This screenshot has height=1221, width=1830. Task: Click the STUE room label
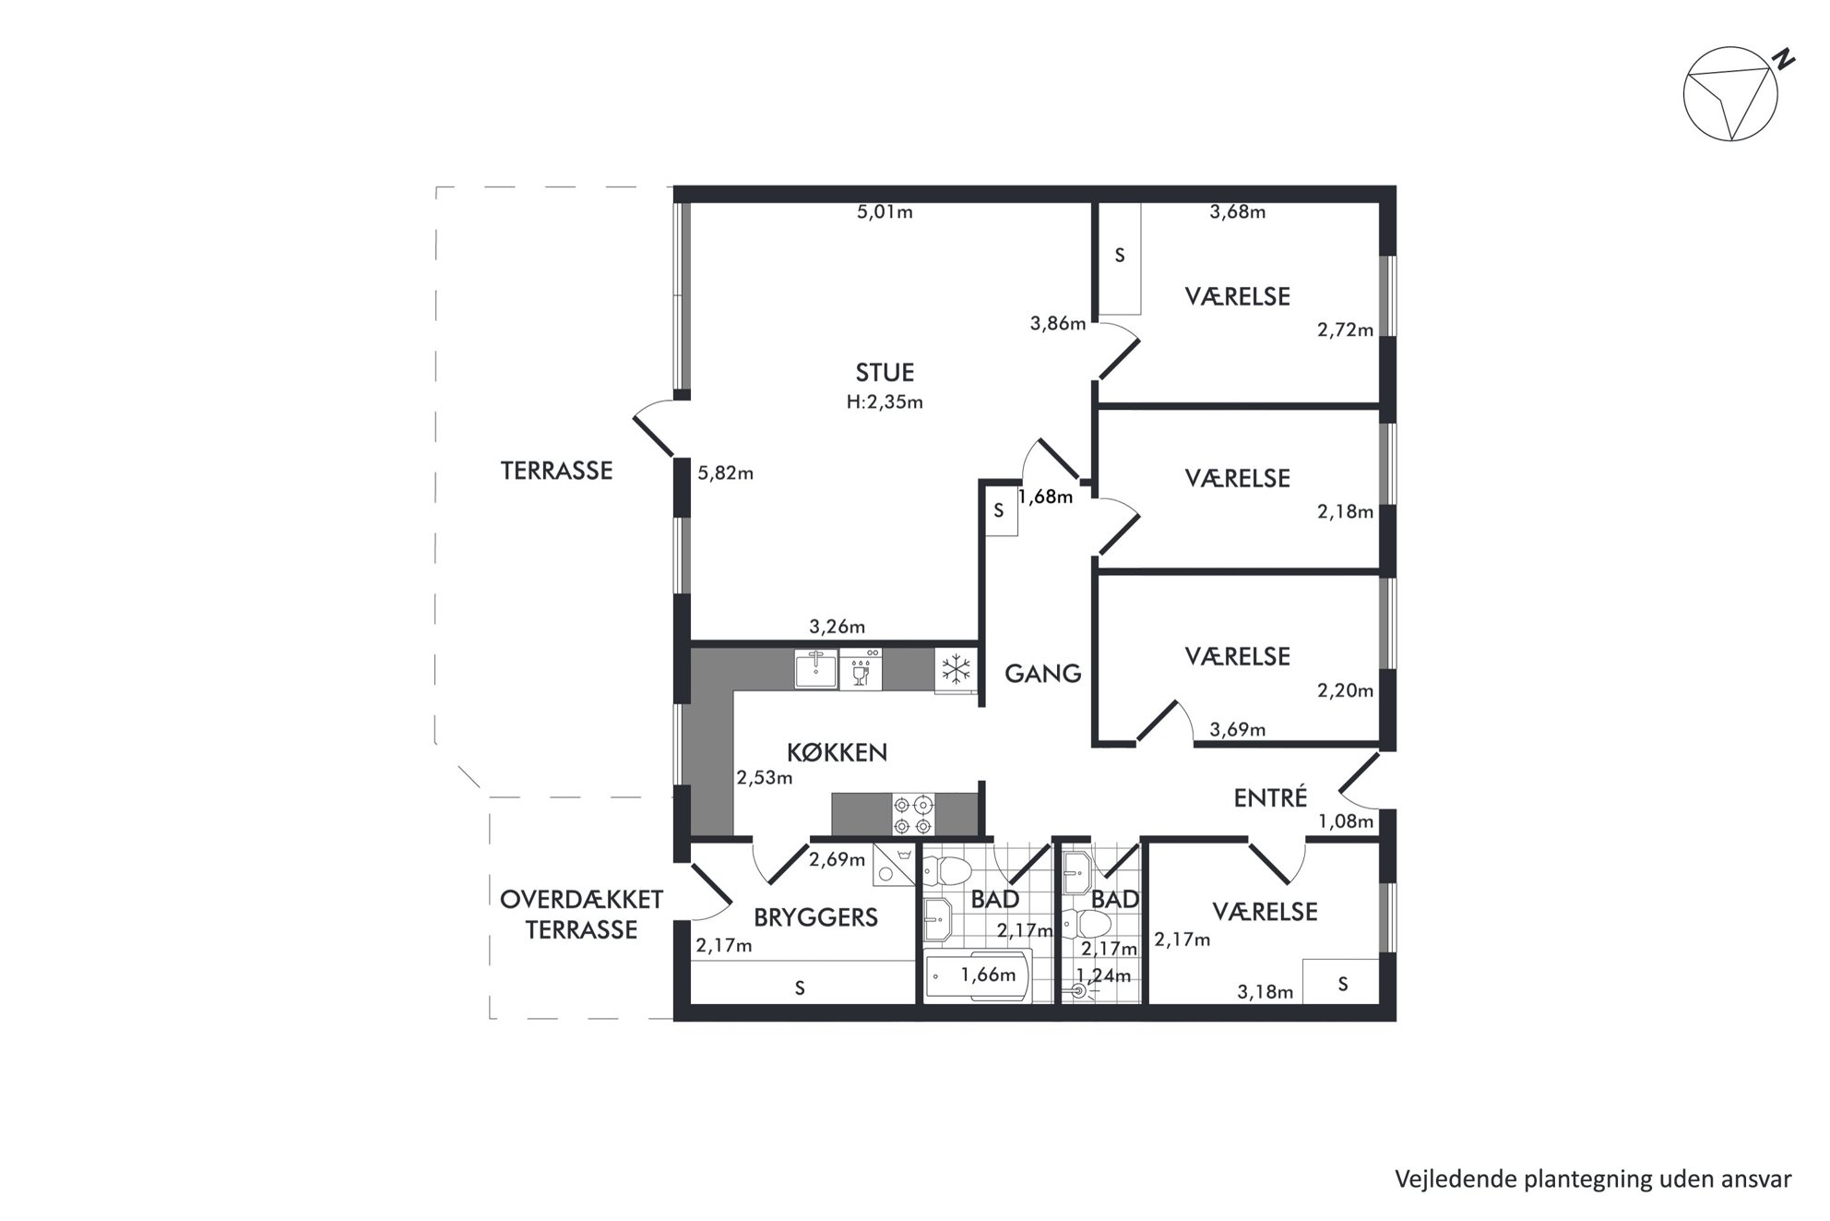[885, 372]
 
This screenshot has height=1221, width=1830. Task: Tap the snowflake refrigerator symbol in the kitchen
[956, 669]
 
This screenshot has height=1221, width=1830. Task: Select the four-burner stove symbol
[913, 815]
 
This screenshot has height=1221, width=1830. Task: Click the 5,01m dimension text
[885, 211]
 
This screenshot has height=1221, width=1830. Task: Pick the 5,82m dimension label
[725, 473]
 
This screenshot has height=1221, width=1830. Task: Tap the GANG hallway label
[1042, 674]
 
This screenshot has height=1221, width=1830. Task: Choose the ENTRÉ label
[1270, 797]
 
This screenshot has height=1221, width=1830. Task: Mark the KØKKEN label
[837, 752]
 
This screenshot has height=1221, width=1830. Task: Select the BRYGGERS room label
[815, 917]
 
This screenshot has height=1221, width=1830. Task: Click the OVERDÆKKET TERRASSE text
[581, 915]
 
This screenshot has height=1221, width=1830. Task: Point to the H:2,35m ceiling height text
[885, 402]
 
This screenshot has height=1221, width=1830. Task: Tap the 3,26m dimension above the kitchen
[837, 627]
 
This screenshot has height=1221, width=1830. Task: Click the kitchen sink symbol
[815, 669]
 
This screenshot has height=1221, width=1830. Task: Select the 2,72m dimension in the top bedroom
[1345, 329]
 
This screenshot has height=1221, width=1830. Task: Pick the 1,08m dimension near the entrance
[1345, 820]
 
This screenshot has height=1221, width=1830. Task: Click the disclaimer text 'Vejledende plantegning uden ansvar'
[1593, 1179]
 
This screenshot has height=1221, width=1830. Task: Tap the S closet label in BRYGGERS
[800, 988]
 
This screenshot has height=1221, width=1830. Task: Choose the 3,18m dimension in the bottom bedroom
[1265, 992]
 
